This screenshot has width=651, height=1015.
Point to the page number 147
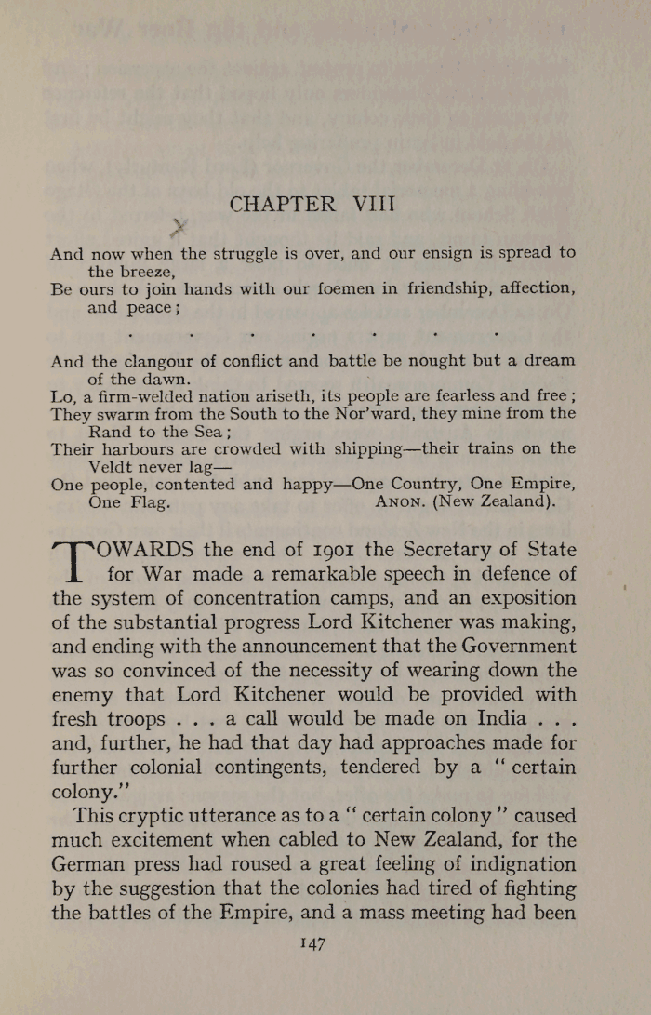coord(312,943)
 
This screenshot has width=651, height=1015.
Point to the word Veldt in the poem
coord(113,466)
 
